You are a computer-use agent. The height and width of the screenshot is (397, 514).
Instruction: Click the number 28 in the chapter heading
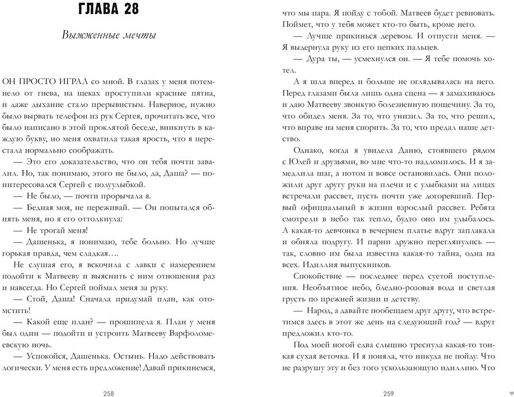pos(128,11)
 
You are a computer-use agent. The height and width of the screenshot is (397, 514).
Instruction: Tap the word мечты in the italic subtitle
pos(139,35)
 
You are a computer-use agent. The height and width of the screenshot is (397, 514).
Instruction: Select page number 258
pos(109,393)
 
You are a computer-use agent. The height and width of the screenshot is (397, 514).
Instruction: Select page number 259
pos(388,393)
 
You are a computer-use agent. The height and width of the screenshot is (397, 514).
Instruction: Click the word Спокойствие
pos(319,276)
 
